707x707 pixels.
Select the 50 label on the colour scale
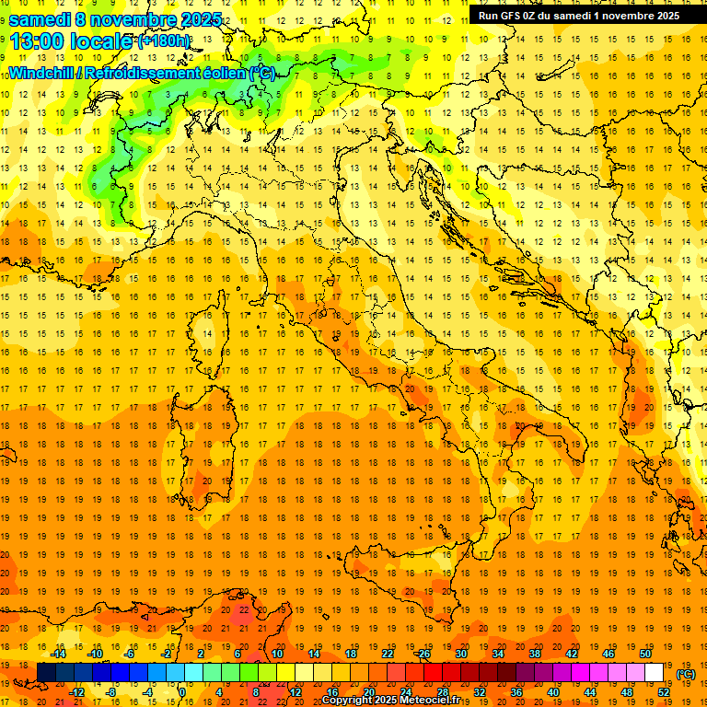[645, 654]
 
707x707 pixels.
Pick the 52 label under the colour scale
[664, 692]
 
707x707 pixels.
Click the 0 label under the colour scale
[182, 692]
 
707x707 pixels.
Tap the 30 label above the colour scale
[461, 654]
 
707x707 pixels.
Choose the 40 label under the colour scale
[553, 692]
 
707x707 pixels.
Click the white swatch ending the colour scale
[654, 673]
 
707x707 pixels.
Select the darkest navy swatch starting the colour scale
[46, 673]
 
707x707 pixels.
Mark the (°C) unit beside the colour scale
[686, 674]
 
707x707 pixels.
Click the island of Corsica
[210, 345]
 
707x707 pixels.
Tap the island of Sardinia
[214, 437]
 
